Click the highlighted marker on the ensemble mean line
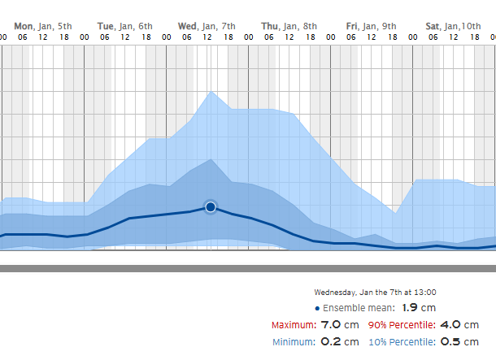211,207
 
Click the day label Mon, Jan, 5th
48,26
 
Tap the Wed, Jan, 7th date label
207,26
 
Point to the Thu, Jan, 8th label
289,26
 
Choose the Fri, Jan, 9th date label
372,26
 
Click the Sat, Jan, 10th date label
453,26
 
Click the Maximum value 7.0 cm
338,324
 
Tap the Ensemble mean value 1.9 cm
420,308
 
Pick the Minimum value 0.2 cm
338,341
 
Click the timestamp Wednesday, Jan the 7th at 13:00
375,292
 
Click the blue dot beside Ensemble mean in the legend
317,308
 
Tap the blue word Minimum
292,342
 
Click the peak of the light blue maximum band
211,92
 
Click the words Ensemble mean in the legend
359,308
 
